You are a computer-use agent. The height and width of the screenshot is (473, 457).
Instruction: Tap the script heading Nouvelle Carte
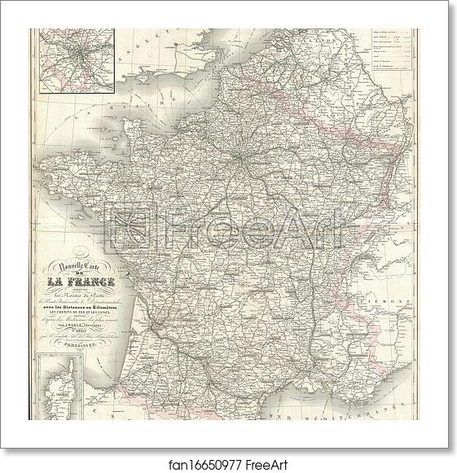77,262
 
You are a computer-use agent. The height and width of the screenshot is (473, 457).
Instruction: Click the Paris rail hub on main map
238,155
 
